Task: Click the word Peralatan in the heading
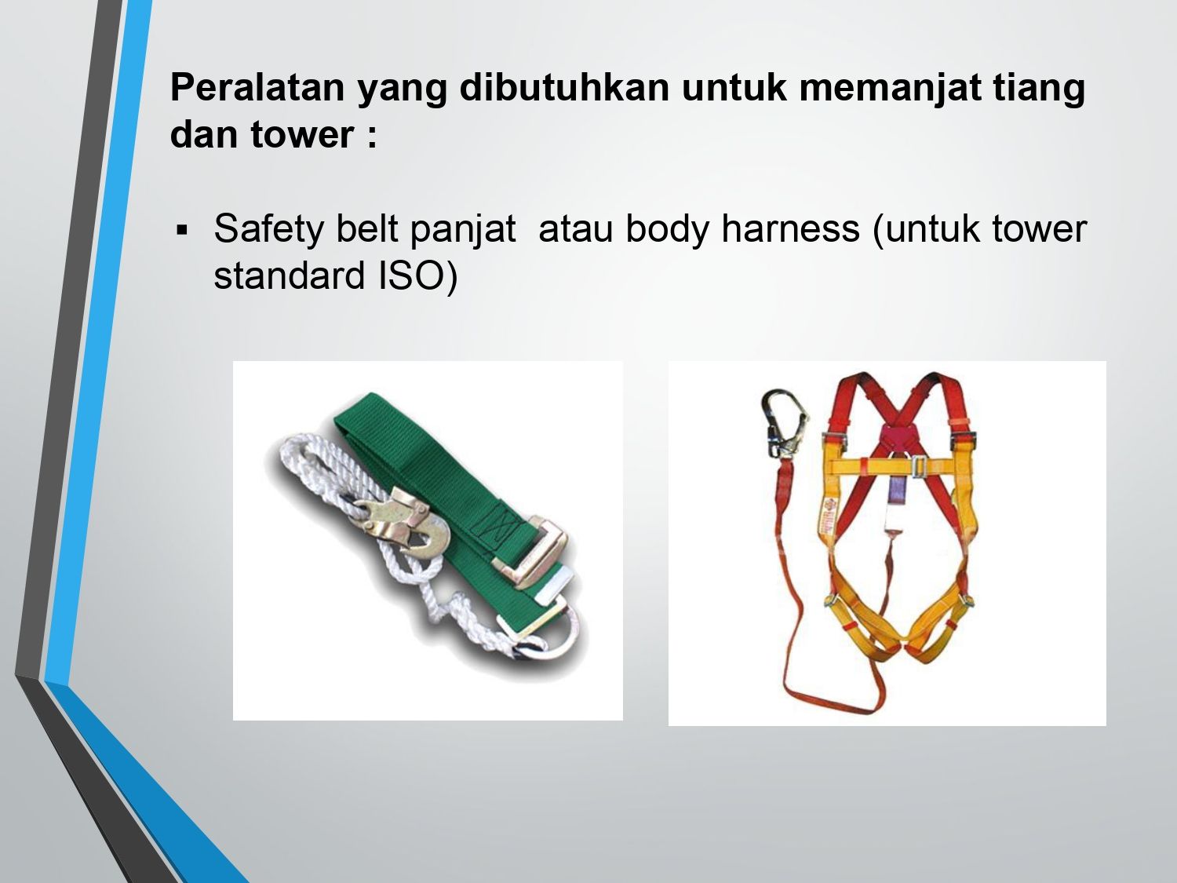(x=257, y=87)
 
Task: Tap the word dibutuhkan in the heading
(x=564, y=87)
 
